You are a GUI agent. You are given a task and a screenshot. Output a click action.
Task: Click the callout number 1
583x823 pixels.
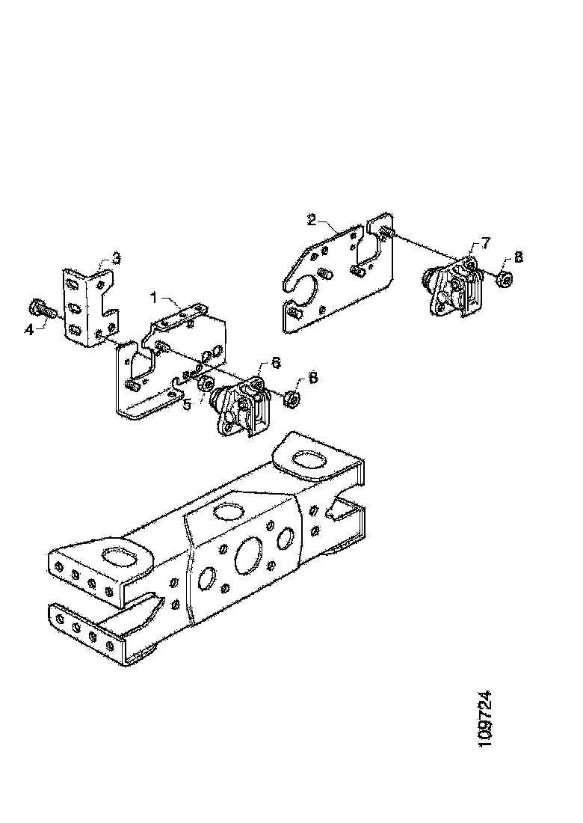click(155, 297)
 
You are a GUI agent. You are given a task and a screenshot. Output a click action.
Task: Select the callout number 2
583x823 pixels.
click(312, 219)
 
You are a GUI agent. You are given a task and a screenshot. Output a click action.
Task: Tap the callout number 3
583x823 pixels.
click(116, 259)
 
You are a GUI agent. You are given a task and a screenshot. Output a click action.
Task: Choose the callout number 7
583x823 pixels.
click(485, 242)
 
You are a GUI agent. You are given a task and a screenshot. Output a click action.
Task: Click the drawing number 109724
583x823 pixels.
click(485, 718)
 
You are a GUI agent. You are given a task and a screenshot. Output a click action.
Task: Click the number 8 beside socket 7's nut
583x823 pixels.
click(518, 257)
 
